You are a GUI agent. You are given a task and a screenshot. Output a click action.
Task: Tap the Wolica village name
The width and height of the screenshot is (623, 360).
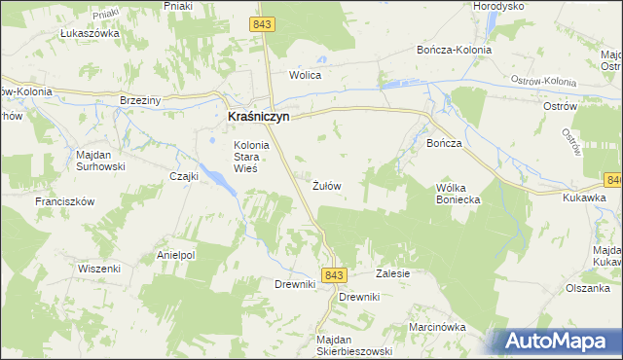pyautogui.click(x=305, y=74)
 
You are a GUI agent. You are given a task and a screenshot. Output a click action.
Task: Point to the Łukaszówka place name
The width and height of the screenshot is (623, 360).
pyautogui.click(x=89, y=33)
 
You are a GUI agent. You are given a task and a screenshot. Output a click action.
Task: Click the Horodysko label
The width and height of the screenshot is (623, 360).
pyautogui.click(x=498, y=6)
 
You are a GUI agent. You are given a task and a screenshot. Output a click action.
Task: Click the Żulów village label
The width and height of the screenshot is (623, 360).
pyautogui.click(x=326, y=184)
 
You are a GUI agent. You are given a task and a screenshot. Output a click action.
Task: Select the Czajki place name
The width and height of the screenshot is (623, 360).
pyautogui.click(x=184, y=176)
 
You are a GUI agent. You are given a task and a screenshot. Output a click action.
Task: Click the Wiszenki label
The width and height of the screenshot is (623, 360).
pyautogui.click(x=98, y=268)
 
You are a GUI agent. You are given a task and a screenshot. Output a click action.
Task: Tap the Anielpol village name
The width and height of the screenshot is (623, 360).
pyautogui.click(x=176, y=256)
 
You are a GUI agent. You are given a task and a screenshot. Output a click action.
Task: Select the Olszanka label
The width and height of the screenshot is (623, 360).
pyautogui.click(x=589, y=287)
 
